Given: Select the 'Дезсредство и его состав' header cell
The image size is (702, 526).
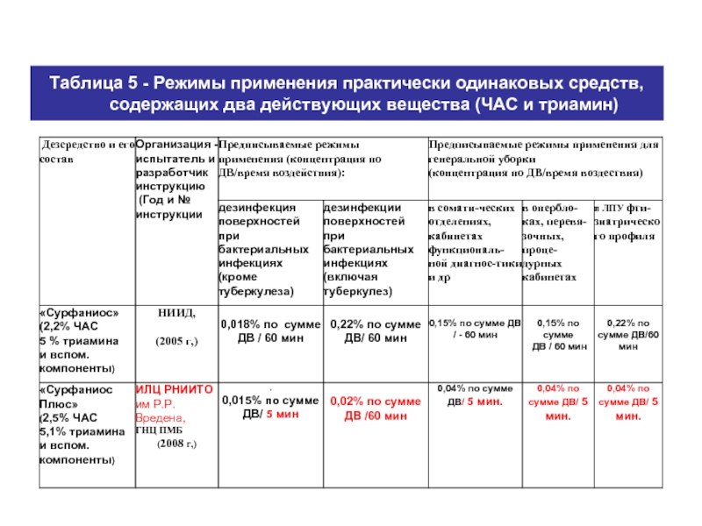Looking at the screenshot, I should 85,152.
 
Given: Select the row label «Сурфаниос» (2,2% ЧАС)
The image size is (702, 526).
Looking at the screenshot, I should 84,339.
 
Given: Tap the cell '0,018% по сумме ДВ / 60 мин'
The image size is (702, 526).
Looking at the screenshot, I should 269,331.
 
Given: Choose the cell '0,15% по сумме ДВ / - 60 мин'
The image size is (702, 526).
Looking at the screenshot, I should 470,328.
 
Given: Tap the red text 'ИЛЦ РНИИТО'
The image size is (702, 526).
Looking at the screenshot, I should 173,388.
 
